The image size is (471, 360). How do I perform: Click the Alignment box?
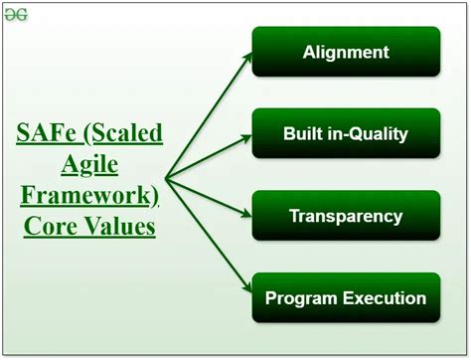(346, 52)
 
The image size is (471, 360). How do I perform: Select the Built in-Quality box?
(346, 133)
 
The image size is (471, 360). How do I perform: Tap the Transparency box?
(346, 216)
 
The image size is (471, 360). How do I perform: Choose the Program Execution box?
(346, 297)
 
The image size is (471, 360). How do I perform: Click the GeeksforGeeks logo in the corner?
(16, 15)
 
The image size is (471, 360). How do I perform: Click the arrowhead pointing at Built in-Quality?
(246, 138)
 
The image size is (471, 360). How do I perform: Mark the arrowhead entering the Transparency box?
(246, 214)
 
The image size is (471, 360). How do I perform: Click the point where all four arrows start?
(166, 179)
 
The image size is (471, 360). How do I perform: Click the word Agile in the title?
(89, 165)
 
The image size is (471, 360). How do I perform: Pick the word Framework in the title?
(85, 196)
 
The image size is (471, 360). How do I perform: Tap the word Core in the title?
(50, 227)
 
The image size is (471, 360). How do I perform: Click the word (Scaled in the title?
(123, 133)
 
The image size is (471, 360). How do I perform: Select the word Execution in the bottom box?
(385, 298)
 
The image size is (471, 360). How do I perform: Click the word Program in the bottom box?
(301, 299)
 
